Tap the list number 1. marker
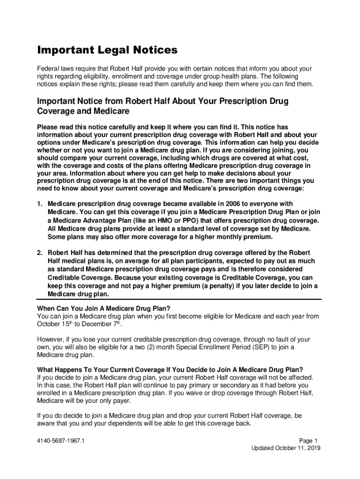pos(40,203)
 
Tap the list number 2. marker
pos(40,253)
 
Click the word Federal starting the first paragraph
pos(49,69)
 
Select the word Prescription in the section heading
pos(233,101)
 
